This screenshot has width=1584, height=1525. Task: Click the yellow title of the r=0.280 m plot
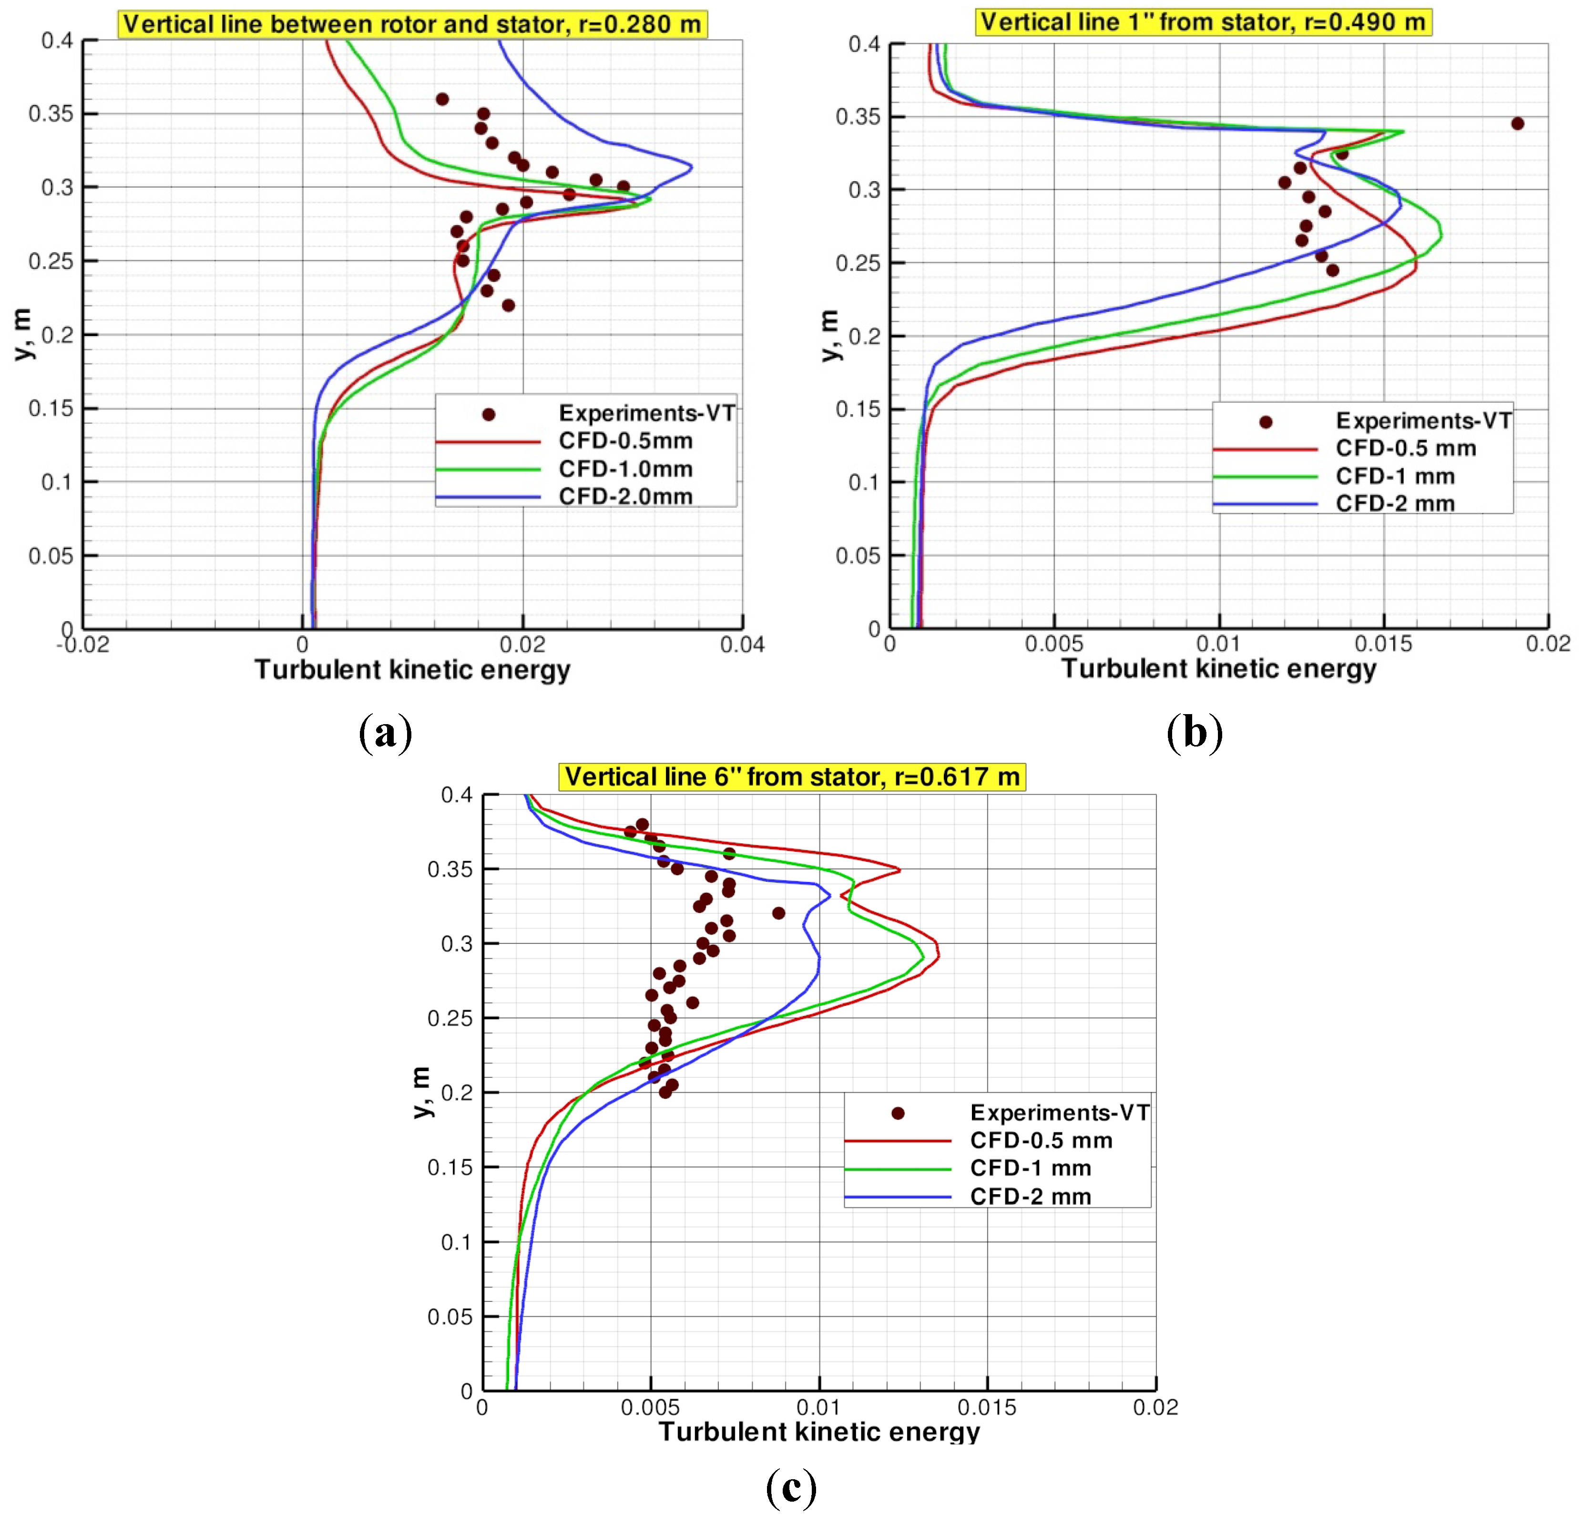[412, 24]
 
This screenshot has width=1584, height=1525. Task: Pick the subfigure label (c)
[791, 1487]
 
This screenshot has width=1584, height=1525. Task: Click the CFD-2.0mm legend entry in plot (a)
[625, 496]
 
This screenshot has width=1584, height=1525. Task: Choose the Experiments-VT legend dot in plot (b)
[1266, 422]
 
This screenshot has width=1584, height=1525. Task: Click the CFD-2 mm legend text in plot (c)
[1031, 1196]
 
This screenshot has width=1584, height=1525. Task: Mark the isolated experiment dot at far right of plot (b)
[1517, 123]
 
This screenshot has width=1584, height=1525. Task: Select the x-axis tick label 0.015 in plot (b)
[1384, 644]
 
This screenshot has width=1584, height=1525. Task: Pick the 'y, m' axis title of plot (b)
[830, 336]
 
